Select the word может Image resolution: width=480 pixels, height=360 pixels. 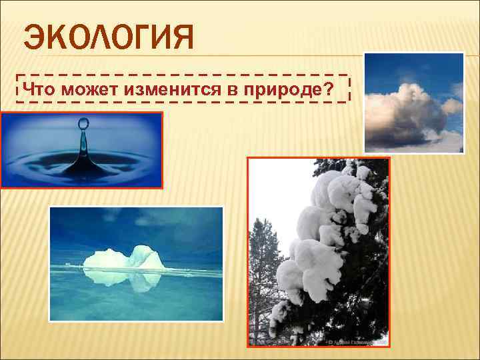pos(85,89)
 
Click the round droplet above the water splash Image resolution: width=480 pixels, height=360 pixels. pos(83,123)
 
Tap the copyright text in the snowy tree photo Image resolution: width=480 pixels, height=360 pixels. pos(357,341)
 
